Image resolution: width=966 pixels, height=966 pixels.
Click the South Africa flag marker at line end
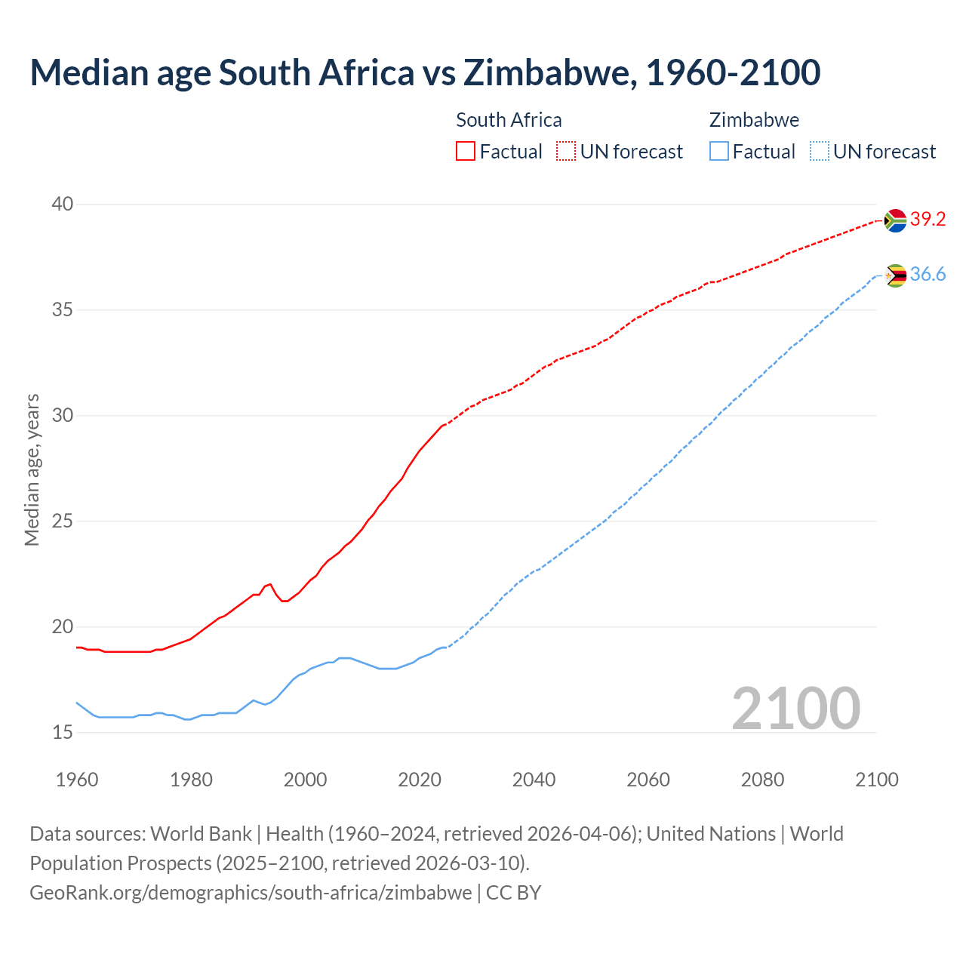point(895,220)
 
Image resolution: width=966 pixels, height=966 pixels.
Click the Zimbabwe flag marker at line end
point(895,275)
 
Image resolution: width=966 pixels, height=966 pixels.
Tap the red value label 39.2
point(928,220)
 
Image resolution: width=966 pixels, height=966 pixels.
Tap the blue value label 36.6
point(928,275)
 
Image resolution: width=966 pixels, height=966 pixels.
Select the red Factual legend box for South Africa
point(466,151)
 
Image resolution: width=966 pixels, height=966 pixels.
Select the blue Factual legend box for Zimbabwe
point(719,151)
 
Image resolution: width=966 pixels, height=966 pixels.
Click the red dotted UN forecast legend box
point(566,151)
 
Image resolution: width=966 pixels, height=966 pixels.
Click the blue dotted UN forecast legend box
point(820,151)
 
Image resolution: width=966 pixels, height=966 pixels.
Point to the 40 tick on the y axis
point(63,204)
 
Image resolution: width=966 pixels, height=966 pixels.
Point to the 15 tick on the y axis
point(63,732)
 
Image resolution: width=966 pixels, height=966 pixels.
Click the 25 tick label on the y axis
point(63,521)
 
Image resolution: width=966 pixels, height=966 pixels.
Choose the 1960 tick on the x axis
point(77,780)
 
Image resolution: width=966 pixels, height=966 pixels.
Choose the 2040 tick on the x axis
point(534,780)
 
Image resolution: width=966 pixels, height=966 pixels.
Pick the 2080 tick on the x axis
point(762,780)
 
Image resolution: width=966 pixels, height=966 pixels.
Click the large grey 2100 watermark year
point(795,708)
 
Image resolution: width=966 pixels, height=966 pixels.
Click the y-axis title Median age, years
point(32,469)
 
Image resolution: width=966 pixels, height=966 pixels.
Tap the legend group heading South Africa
point(509,120)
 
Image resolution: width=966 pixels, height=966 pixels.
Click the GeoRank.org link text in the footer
point(251,893)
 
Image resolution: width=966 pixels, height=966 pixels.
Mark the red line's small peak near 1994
point(270,583)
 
